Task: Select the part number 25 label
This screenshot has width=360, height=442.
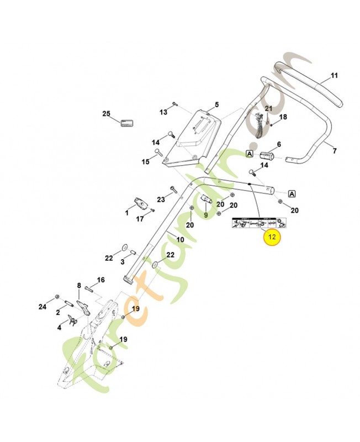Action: [x=107, y=114]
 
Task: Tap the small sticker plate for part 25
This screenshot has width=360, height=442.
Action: [x=128, y=122]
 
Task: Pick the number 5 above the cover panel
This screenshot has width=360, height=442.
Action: [x=216, y=104]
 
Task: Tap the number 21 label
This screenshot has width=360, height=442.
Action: [x=268, y=108]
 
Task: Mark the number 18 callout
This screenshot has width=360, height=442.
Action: [x=283, y=117]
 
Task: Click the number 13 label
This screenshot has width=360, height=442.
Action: [x=163, y=112]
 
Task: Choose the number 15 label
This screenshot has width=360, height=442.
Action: [x=146, y=162]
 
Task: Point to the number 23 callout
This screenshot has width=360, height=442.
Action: [x=161, y=199]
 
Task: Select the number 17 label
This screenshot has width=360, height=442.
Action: [x=140, y=219]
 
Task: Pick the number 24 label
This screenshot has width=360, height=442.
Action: [x=43, y=307]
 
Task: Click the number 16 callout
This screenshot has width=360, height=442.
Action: [x=100, y=280]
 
